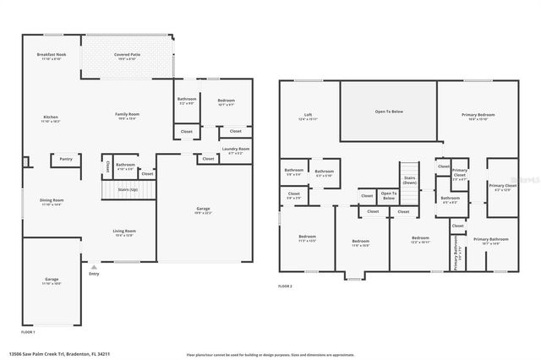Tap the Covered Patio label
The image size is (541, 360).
128,57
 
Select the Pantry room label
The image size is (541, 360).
65,157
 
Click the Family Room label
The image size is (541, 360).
128,115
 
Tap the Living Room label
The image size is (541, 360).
125,232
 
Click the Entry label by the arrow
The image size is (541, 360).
93,273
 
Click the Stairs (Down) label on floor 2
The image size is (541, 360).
409,180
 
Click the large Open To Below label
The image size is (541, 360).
388,112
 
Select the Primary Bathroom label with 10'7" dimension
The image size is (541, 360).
486,241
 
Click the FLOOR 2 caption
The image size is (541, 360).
285,286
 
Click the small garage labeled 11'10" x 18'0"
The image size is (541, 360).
52,281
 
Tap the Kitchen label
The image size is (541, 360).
52,119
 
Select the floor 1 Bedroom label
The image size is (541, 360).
225,101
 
